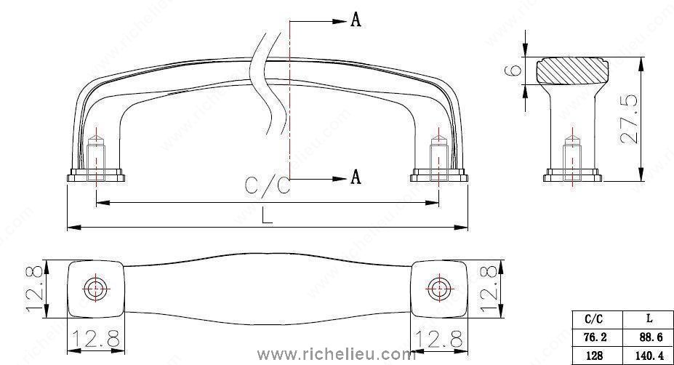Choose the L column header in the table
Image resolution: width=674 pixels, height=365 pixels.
pyautogui.click(x=649, y=318)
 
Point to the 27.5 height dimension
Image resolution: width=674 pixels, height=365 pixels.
pyautogui.click(x=630, y=119)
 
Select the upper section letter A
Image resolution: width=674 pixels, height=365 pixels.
pyautogui.click(x=356, y=20)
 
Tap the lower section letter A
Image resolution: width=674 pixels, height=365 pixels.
pyautogui.click(x=356, y=177)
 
